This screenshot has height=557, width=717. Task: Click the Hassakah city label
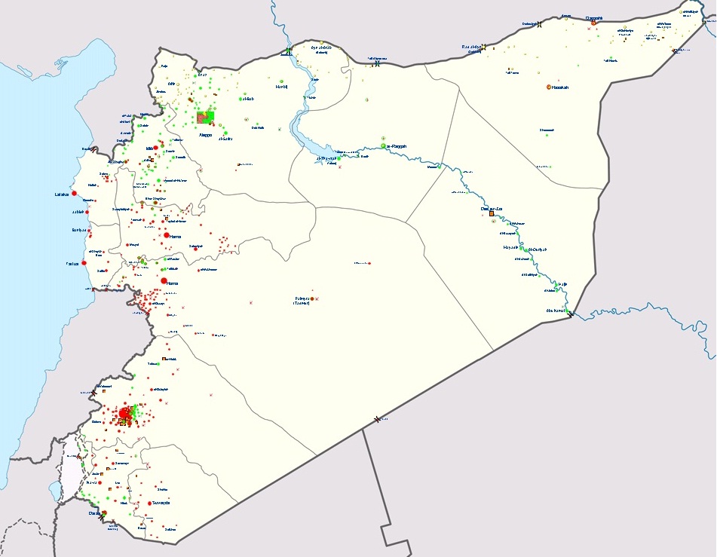(x=559, y=87)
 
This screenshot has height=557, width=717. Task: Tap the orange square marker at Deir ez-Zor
(x=492, y=214)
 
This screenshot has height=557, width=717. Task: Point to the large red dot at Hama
(x=166, y=236)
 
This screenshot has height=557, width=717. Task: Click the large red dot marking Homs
(x=164, y=281)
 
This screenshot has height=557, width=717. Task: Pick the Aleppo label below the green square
(x=205, y=135)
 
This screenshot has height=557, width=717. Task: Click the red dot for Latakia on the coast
(x=74, y=194)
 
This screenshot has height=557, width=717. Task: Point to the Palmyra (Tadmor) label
(x=302, y=300)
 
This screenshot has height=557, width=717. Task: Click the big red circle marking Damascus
(x=124, y=413)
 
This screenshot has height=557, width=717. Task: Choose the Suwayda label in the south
(x=161, y=503)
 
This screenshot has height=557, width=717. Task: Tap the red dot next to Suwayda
(x=150, y=503)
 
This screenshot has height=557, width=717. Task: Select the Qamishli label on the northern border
(x=594, y=17)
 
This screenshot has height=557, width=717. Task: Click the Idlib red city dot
(x=155, y=148)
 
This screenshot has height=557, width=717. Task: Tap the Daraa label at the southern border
(x=94, y=513)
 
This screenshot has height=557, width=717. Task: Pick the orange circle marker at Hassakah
(x=549, y=87)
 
